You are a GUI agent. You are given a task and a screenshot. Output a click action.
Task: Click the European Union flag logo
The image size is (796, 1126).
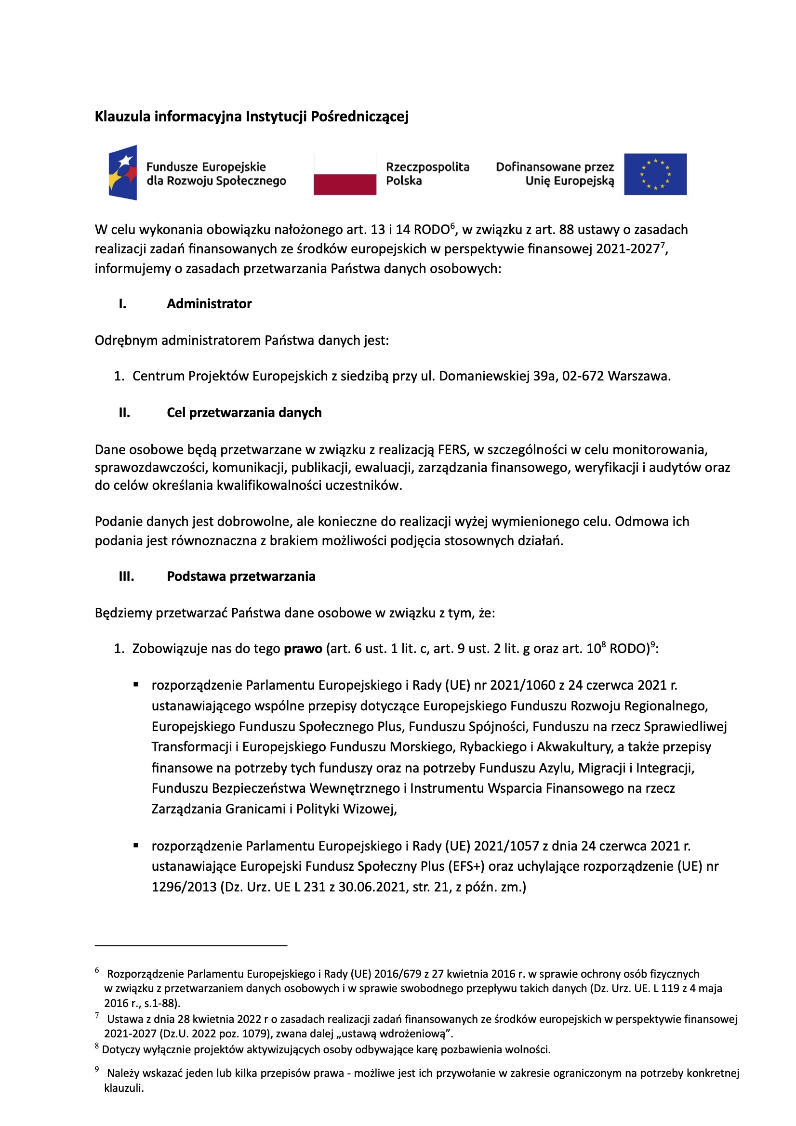click(655, 174)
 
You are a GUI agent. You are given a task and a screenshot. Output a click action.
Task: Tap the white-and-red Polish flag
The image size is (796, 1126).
click(345, 174)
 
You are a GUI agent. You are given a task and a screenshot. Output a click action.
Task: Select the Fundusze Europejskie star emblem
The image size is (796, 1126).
click(123, 172)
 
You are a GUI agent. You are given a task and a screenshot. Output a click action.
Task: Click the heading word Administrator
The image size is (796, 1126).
click(209, 303)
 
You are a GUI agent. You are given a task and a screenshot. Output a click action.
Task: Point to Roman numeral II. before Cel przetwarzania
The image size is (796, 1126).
click(124, 412)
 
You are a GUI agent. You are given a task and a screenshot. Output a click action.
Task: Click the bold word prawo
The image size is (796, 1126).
click(303, 649)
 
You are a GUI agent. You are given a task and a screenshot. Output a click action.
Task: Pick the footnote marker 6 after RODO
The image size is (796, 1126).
click(453, 225)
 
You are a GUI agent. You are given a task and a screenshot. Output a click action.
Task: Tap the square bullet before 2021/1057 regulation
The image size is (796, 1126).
click(136, 846)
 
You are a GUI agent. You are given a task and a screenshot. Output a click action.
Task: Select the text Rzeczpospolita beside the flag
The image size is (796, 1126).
click(427, 167)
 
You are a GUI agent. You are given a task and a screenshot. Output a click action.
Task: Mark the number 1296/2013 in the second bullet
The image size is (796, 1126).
click(184, 887)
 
